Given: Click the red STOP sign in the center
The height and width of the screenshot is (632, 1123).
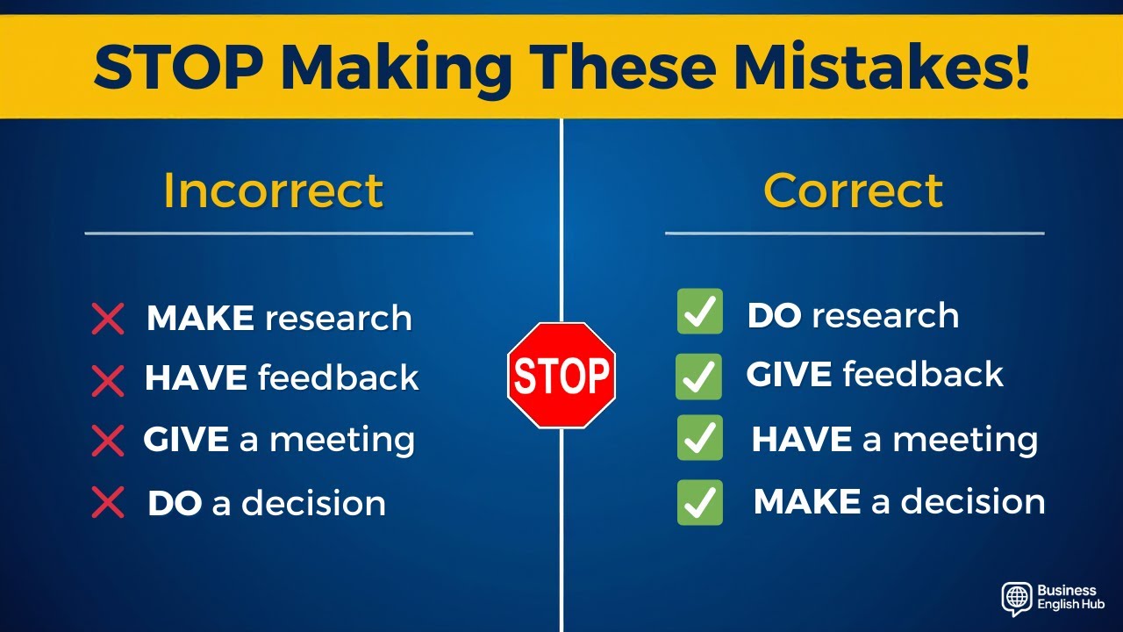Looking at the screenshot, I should (x=561, y=375).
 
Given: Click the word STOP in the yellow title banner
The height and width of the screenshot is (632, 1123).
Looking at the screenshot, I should (x=178, y=68).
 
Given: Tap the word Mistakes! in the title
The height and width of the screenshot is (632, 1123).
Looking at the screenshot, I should (x=882, y=68).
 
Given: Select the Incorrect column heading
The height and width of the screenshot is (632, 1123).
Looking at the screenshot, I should (x=274, y=190).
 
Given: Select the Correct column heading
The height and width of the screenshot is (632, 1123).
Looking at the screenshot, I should (x=853, y=190).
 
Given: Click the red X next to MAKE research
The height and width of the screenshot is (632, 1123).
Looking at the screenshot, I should (x=108, y=319).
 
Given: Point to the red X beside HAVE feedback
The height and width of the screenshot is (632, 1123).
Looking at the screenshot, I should (x=108, y=380).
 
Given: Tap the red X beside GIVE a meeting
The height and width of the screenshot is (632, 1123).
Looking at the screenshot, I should (x=108, y=441).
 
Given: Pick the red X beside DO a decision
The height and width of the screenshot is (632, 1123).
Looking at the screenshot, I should (x=108, y=503).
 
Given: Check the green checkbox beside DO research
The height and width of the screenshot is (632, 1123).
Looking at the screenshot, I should (x=699, y=312).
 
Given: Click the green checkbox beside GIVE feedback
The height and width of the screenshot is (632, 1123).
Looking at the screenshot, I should (x=698, y=377).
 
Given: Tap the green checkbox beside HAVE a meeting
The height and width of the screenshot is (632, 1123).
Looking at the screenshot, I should (x=699, y=438).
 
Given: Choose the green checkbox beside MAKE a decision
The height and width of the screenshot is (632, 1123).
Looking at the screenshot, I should (x=699, y=502).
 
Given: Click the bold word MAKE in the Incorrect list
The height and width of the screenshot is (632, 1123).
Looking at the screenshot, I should (x=200, y=318).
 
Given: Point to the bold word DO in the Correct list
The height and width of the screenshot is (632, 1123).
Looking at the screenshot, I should (x=774, y=316).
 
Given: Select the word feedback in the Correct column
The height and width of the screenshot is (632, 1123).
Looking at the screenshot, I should (x=923, y=375).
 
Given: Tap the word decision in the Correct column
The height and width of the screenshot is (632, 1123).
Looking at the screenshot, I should (x=973, y=501).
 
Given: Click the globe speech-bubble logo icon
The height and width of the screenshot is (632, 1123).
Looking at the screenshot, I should (x=1016, y=598).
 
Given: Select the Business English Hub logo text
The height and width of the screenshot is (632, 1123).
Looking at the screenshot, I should (x=1070, y=598).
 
